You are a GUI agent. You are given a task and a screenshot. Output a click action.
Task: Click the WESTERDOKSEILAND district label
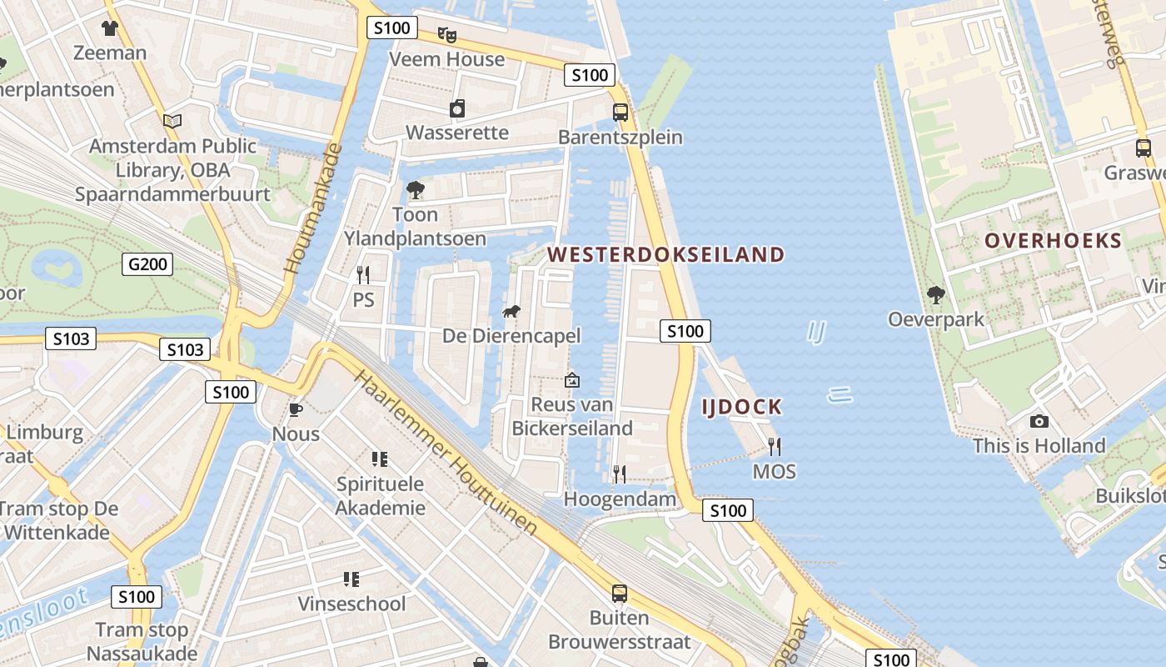pos(666,254)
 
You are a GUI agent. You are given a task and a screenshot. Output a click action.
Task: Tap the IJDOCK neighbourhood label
pos(741,407)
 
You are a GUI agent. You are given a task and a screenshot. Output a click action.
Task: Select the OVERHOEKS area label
pos(1053,241)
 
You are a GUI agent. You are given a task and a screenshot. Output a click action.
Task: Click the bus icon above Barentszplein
pos(620,113)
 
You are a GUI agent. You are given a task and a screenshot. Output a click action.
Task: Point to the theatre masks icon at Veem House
pos(447,35)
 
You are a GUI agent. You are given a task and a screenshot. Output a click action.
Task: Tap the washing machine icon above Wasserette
pos(456,108)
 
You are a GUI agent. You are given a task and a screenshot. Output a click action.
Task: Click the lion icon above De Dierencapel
pos(511,312)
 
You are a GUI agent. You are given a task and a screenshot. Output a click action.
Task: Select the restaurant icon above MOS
pos(775,447)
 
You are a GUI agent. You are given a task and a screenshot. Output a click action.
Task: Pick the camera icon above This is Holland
pos(1039,422)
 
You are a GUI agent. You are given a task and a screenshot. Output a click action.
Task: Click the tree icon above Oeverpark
pos(936,295)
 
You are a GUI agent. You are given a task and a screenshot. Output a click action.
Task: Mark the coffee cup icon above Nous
pos(295,409)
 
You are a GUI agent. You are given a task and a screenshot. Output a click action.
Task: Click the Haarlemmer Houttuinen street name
pos(446,452)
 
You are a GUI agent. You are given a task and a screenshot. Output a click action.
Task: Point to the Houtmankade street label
pos(312,211)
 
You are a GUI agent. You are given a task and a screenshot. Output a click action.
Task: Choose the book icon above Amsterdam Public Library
pos(172,122)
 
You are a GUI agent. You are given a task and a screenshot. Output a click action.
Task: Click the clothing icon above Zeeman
pos(109,28)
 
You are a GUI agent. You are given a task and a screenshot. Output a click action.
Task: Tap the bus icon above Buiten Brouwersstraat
pos(620,594)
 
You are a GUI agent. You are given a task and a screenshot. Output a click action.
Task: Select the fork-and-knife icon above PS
pos(363,274)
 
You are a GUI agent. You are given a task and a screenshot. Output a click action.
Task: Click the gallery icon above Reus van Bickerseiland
pos(572,380)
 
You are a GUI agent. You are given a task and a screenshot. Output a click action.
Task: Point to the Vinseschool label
pos(352,604)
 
